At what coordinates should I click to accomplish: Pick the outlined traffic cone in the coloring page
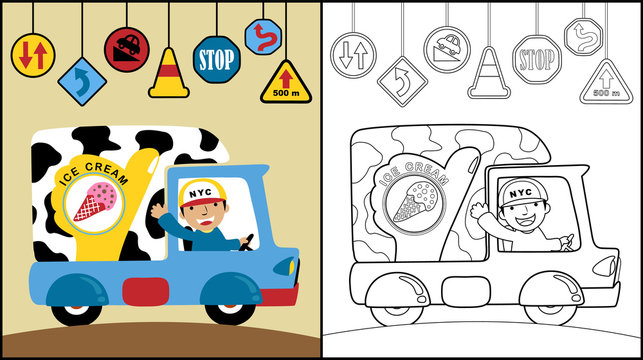488,71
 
